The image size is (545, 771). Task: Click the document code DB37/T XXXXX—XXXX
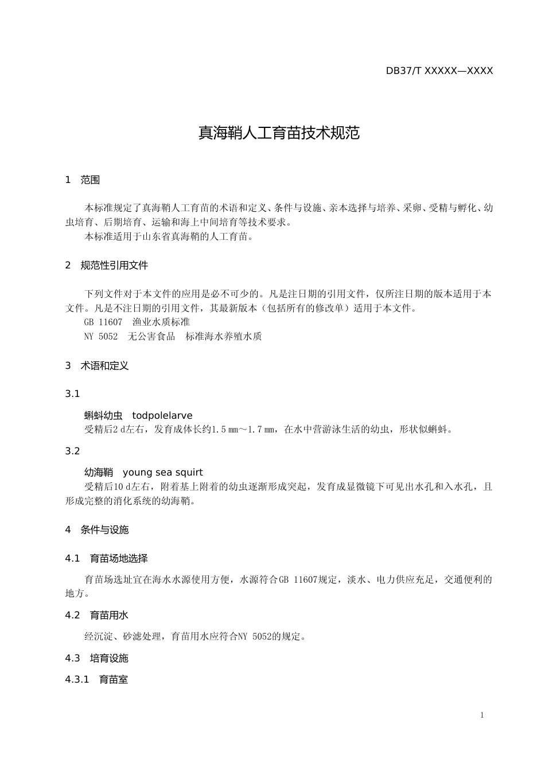[x=439, y=71]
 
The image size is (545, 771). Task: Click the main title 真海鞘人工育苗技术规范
[x=279, y=133]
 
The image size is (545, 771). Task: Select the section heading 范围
[x=90, y=180]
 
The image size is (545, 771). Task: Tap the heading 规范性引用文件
[x=114, y=265]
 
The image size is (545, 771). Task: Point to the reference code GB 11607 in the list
[x=103, y=322]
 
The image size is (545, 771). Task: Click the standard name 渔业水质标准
[x=161, y=322]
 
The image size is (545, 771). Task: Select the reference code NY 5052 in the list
[x=101, y=337]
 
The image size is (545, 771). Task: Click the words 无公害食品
[x=151, y=337]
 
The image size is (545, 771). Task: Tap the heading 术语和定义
[x=104, y=365]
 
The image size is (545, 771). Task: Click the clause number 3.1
[x=72, y=394]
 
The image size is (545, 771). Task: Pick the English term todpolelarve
[x=162, y=415]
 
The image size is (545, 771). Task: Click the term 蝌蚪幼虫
[x=103, y=415]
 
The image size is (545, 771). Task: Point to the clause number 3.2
[x=72, y=451]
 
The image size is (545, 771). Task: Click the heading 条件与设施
[x=104, y=529]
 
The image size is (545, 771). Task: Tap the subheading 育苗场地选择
[x=119, y=558]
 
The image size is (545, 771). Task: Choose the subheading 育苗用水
[x=109, y=615]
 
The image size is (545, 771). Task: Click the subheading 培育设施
[x=109, y=658]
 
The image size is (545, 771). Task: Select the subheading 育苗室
[x=114, y=680]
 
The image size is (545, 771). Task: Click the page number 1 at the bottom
[x=482, y=715]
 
